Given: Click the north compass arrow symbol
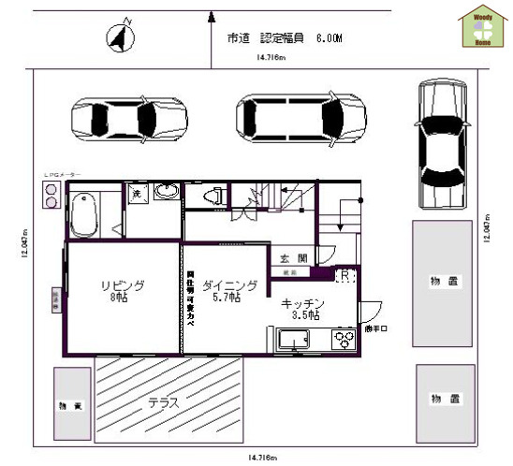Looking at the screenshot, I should (x=119, y=38).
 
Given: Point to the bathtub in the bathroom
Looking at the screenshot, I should (x=84, y=213).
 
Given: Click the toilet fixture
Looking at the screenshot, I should (x=213, y=195).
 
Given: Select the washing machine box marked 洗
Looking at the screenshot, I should (x=136, y=194).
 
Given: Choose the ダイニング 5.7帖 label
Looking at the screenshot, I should (x=226, y=290).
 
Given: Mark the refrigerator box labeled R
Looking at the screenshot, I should (x=344, y=277).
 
